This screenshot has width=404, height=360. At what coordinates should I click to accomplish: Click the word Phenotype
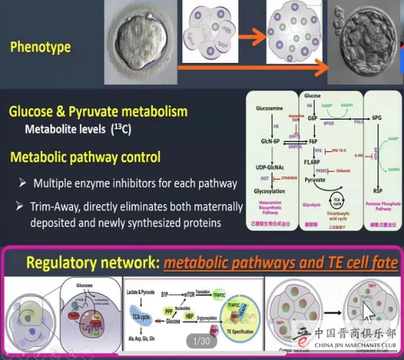[x=40, y=48]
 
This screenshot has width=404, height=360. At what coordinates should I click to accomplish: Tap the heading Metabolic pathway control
[x=85, y=158]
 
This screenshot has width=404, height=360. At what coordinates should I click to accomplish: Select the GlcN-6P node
[x=269, y=142]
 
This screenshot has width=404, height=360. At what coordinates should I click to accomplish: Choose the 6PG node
[x=377, y=117]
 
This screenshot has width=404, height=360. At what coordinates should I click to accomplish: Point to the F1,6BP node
[x=314, y=161]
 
